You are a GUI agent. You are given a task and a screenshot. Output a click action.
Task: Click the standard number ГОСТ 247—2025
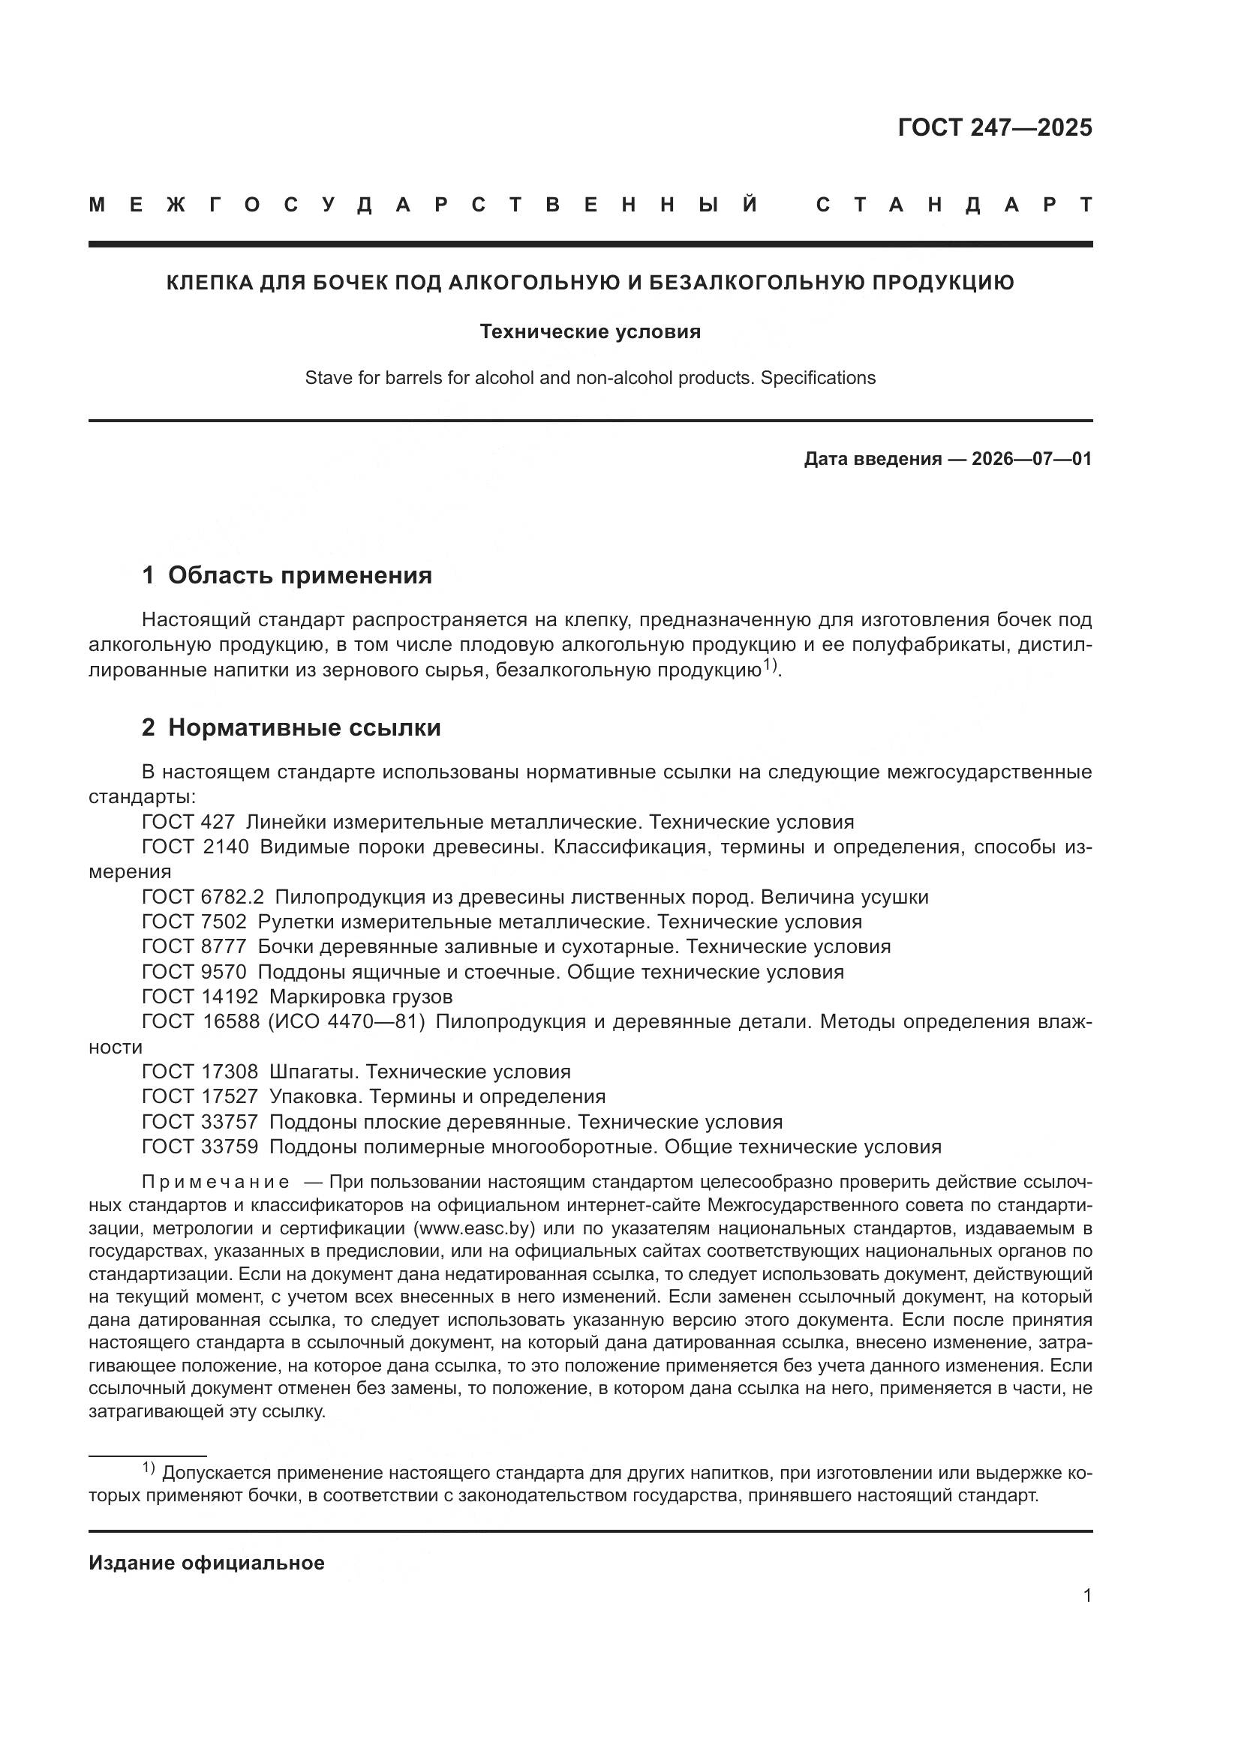click(x=994, y=127)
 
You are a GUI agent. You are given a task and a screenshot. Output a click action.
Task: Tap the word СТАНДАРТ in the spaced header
click(x=954, y=205)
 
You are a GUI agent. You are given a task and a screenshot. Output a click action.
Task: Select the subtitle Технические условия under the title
click(x=590, y=331)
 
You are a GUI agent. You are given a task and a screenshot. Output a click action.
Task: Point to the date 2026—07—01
click(x=1031, y=458)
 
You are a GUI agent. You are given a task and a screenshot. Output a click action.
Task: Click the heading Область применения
click(x=299, y=574)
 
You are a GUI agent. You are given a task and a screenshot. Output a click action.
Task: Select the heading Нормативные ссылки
click(x=304, y=727)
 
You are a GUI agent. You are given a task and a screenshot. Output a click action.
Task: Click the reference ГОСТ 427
click(x=188, y=822)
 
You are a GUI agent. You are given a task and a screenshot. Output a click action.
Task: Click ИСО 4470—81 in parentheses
click(x=346, y=1021)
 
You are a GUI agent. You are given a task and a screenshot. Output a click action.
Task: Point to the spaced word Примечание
click(x=215, y=1183)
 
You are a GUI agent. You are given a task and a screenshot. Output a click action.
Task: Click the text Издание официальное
click(x=206, y=1563)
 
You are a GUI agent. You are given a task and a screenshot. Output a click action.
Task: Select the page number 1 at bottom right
click(x=1086, y=1595)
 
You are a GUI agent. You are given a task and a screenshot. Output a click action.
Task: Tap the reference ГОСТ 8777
click(x=194, y=946)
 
